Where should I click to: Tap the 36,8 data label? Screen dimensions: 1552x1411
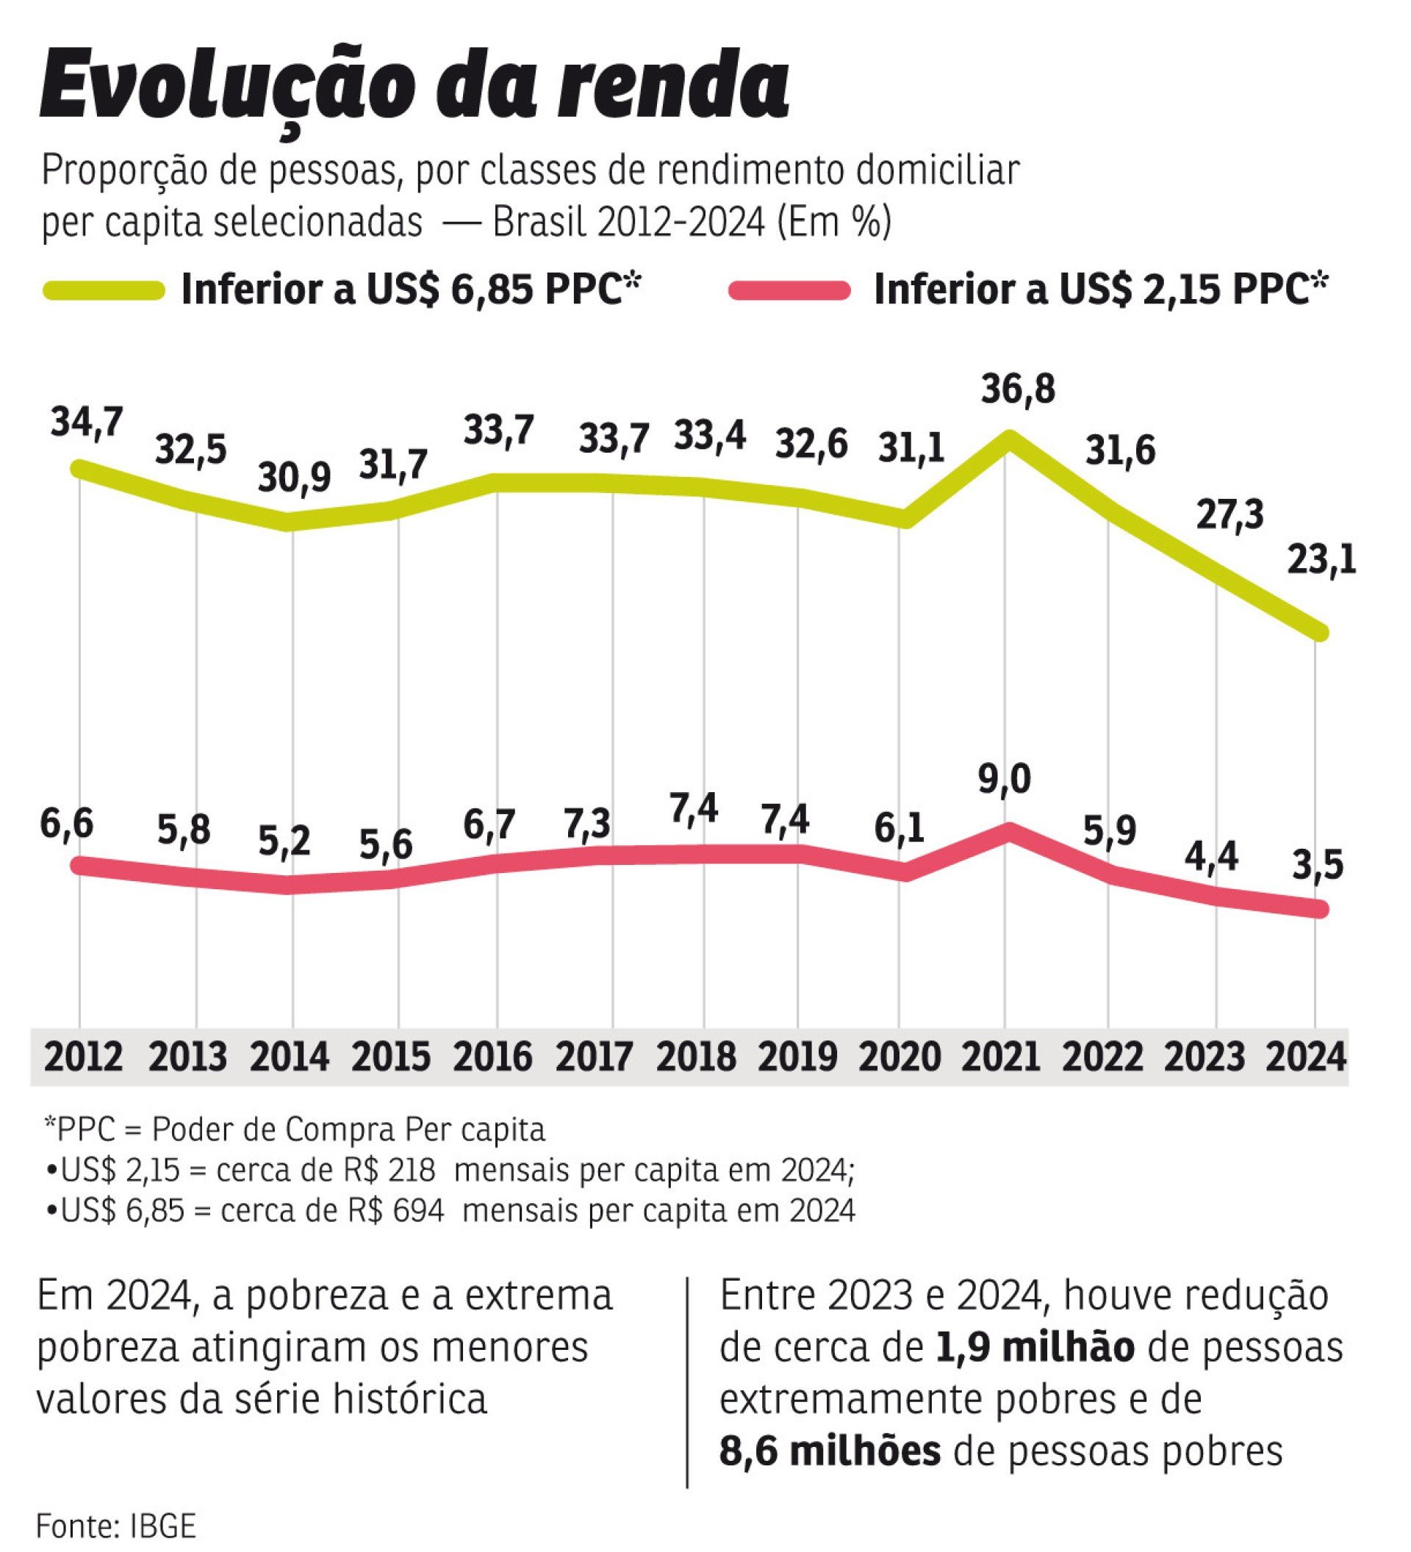tap(1018, 389)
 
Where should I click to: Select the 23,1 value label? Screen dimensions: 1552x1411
tap(1321, 560)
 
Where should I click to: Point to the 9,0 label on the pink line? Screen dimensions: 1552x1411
tap(1005, 780)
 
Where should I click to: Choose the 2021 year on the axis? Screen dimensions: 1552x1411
tap(1001, 1056)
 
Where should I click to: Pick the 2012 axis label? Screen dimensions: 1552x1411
tap(83, 1056)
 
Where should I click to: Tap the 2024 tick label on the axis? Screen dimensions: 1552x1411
tap(1307, 1056)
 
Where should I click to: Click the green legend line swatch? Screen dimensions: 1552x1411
tap(104, 290)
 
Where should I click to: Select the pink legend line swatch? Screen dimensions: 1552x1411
tap(789, 290)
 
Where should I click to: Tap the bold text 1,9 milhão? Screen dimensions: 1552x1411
tap(1035, 1347)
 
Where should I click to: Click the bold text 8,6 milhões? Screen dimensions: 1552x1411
tap(830, 1452)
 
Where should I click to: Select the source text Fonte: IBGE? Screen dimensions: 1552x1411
tap(116, 1525)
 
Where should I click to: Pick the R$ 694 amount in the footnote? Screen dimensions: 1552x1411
tap(395, 1211)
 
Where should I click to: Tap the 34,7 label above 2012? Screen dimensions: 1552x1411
tap(87, 422)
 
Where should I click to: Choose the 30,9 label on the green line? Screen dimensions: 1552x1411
tap(294, 478)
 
